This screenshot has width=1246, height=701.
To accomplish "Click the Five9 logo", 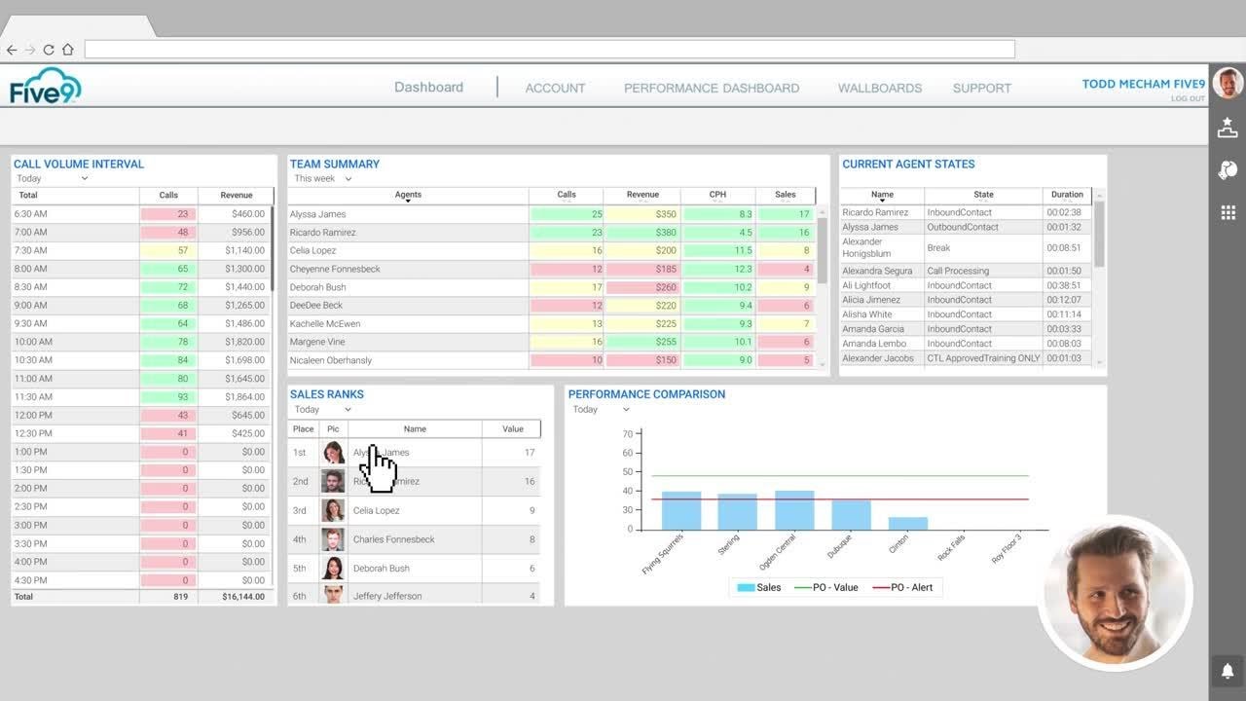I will [46, 86].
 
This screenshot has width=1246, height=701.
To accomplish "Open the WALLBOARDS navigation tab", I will [879, 88].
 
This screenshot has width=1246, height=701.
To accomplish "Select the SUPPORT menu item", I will [981, 88].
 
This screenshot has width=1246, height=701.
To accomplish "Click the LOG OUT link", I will [1187, 98].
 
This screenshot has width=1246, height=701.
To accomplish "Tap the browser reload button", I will [49, 50].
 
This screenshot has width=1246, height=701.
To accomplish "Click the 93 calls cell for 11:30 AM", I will [168, 397].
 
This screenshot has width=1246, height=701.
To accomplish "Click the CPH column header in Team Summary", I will [717, 195].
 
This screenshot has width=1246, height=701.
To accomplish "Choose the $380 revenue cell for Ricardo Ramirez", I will [642, 233].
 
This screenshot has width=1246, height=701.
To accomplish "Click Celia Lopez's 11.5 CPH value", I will [718, 251].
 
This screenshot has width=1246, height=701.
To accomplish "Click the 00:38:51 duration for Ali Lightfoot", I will [1064, 285].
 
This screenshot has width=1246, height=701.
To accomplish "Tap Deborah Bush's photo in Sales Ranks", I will [333, 569].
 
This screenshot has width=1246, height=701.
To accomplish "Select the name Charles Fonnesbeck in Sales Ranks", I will [393, 539].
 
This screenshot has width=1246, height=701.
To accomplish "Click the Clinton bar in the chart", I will [907, 523].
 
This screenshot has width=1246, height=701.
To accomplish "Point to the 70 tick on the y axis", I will [628, 434].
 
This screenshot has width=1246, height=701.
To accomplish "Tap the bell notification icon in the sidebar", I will [1228, 671].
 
